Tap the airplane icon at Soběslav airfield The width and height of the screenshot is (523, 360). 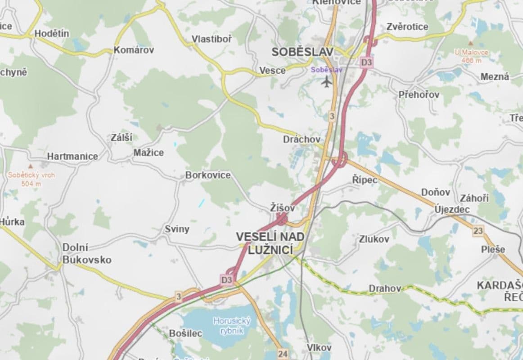point(327,81)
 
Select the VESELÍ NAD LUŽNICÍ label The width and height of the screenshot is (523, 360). point(270,243)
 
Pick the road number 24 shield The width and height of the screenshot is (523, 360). point(283,354)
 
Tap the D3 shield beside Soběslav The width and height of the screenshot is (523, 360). point(366,63)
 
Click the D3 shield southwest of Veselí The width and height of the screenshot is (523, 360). point(226,280)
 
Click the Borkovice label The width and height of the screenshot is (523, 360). point(208,175)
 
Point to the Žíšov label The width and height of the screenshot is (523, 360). point(282,208)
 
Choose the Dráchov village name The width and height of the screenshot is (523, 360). point(302,139)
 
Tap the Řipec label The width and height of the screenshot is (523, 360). point(364,180)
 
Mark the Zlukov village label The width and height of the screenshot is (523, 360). point(374,239)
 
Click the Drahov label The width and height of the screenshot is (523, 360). point(384,288)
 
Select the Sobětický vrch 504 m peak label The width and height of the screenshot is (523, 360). point(31,179)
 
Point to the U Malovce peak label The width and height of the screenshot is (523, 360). point(471,56)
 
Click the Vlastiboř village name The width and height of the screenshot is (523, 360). point(212,39)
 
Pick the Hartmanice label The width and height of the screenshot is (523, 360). point(72,156)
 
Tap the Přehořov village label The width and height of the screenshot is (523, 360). point(419,94)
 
